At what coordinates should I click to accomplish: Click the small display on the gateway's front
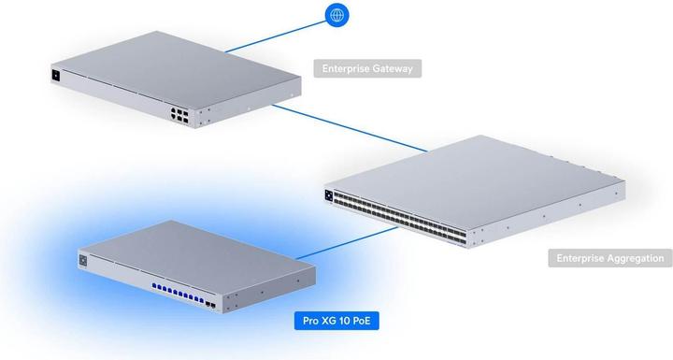tap(56, 74)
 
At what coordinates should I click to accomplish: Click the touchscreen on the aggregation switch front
tap(329, 194)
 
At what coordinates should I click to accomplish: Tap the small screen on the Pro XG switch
tap(83, 259)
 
